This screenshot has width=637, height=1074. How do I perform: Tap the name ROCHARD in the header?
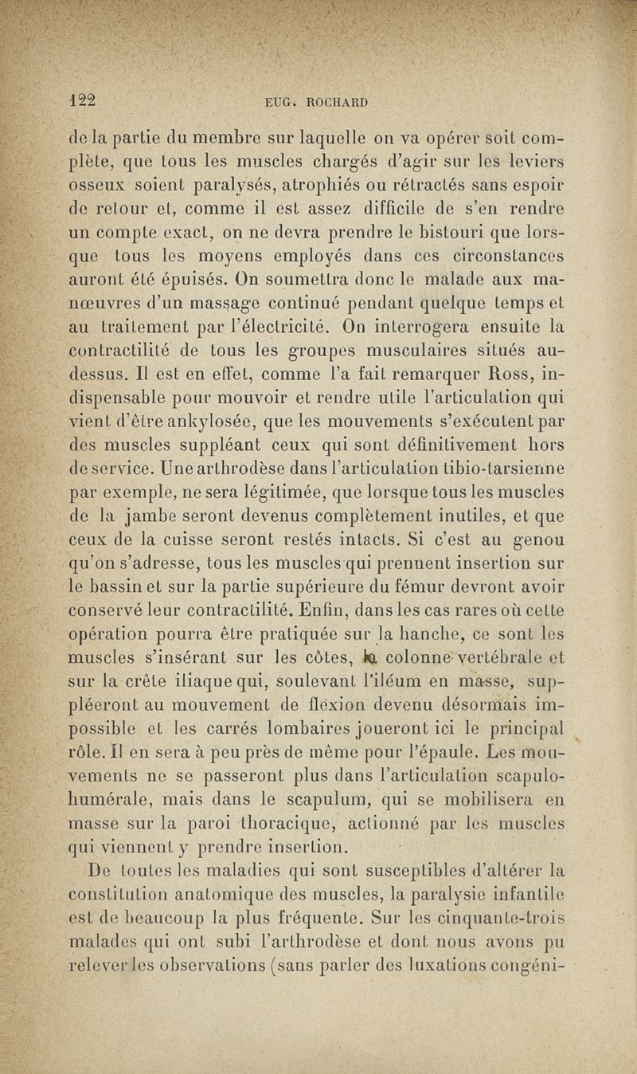[x=334, y=103]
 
